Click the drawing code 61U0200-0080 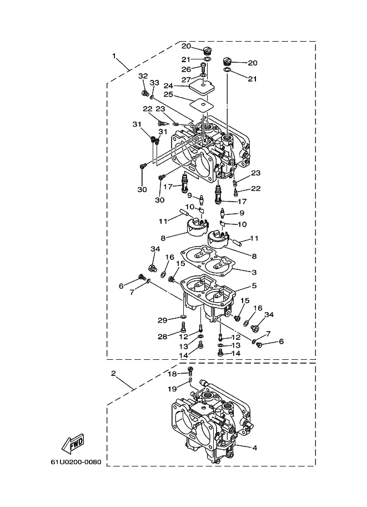pyautogui.click(x=76, y=462)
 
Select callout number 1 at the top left pyautogui.click(x=114, y=56)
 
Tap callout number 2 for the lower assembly pyautogui.click(x=113, y=374)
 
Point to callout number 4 pyautogui.click(x=254, y=448)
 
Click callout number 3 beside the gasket pyautogui.click(x=254, y=272)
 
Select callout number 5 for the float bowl pyautogui.click(x=254, y=285)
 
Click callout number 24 pyautogui.click(x=168, y=86)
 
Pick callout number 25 pyautogui.click(x=168, y=94)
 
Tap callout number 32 pyautogui.click(x=143, y=76)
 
